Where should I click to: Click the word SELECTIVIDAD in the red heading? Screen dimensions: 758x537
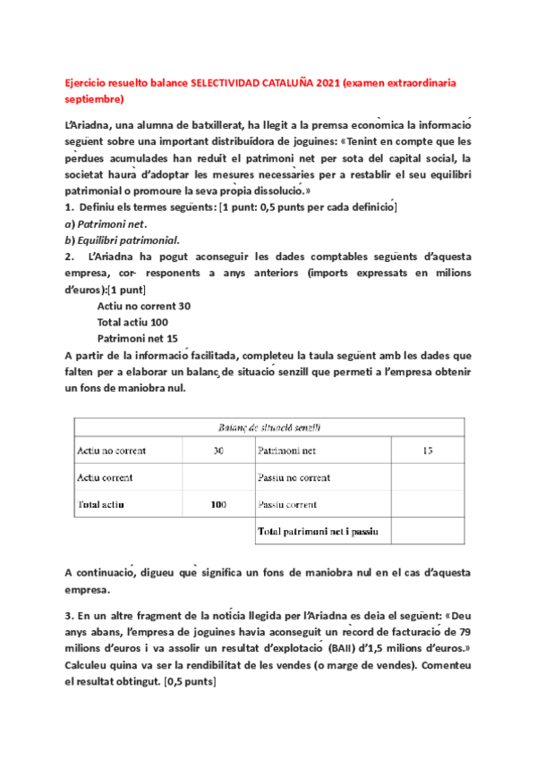pos(225,81)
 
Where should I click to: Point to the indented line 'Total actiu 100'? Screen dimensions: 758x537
pos(132,322)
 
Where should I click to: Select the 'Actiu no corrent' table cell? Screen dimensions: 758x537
pos(111,451)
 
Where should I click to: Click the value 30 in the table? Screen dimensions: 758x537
pos(217,451)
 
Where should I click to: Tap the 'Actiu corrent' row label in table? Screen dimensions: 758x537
pos(105,477)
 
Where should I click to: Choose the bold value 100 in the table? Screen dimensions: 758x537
pos(217,504)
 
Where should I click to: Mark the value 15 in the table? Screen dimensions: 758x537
pos(426,451)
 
